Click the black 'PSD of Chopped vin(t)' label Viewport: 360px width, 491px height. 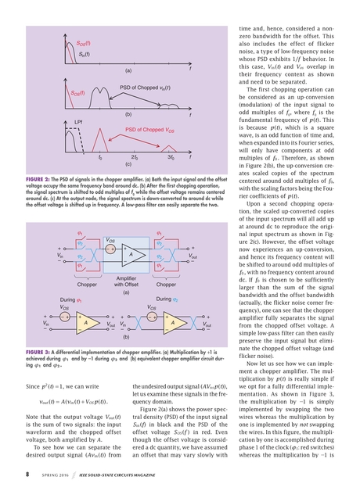click(x=146, y=85)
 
